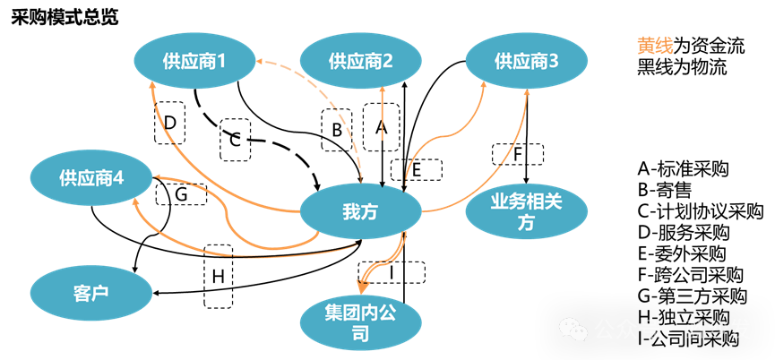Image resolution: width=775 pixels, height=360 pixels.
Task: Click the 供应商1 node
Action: point(194,61)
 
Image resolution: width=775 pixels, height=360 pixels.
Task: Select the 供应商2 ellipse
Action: point(360,61)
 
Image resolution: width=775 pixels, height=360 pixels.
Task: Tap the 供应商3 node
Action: point(526,61)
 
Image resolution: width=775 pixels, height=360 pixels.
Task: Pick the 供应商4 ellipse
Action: point(90,178)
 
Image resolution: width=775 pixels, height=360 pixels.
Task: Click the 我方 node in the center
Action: point(360,213)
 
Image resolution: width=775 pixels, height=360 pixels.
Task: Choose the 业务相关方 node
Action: point(526,213)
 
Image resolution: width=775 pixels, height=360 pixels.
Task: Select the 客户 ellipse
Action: point(90,293)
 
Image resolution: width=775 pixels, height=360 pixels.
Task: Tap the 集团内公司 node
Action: point(360,324)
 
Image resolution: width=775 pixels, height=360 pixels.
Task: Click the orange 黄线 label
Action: point(655,46)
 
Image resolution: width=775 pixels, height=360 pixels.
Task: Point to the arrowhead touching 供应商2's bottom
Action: point(383,90)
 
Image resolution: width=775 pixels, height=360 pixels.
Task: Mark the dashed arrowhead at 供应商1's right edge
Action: point(260,62)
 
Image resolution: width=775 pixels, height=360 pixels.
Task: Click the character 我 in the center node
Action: point(350,213)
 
